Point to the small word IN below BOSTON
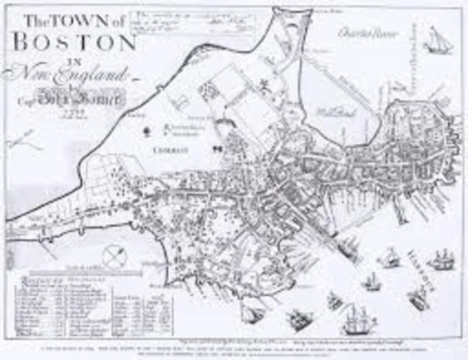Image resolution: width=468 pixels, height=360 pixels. pos(73,59)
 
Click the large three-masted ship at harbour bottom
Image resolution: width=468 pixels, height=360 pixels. pos(358,320)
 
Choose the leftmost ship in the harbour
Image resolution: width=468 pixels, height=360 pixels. pos(252,313)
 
